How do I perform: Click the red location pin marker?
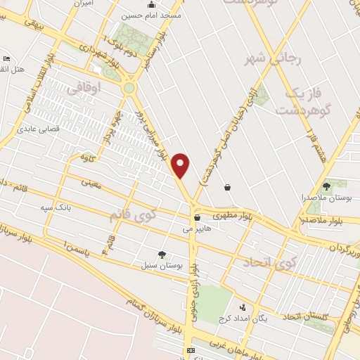click(x=181, y=166)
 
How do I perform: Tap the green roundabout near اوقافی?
click(x=129, y=89)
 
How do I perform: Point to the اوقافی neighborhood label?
click(x=88, y=88)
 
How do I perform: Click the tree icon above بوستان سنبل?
click(x=162, y=255)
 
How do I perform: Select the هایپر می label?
click(x=197, y=229)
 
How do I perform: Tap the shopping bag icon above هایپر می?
click(x=197, y=217)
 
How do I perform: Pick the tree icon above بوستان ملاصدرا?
click(x=326, y=186)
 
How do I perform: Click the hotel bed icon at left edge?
click(x=6, y=58)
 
